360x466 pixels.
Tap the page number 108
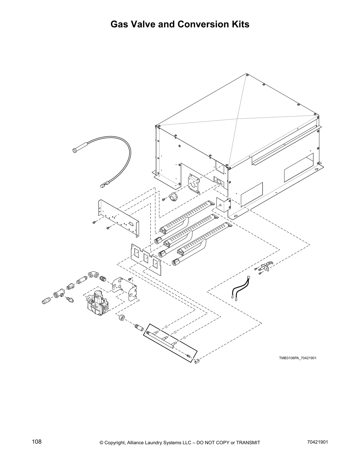pyautogui.click(x=37, y=442)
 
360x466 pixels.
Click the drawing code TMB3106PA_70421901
pyautogui.click(x=298, y=358)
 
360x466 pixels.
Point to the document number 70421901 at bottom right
pyautogui.click(x=316, y=442)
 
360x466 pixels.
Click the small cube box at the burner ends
pyautogui.click(x=223, y=204)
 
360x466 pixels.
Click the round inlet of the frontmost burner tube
pyautogui.click(x=175, y=262)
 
